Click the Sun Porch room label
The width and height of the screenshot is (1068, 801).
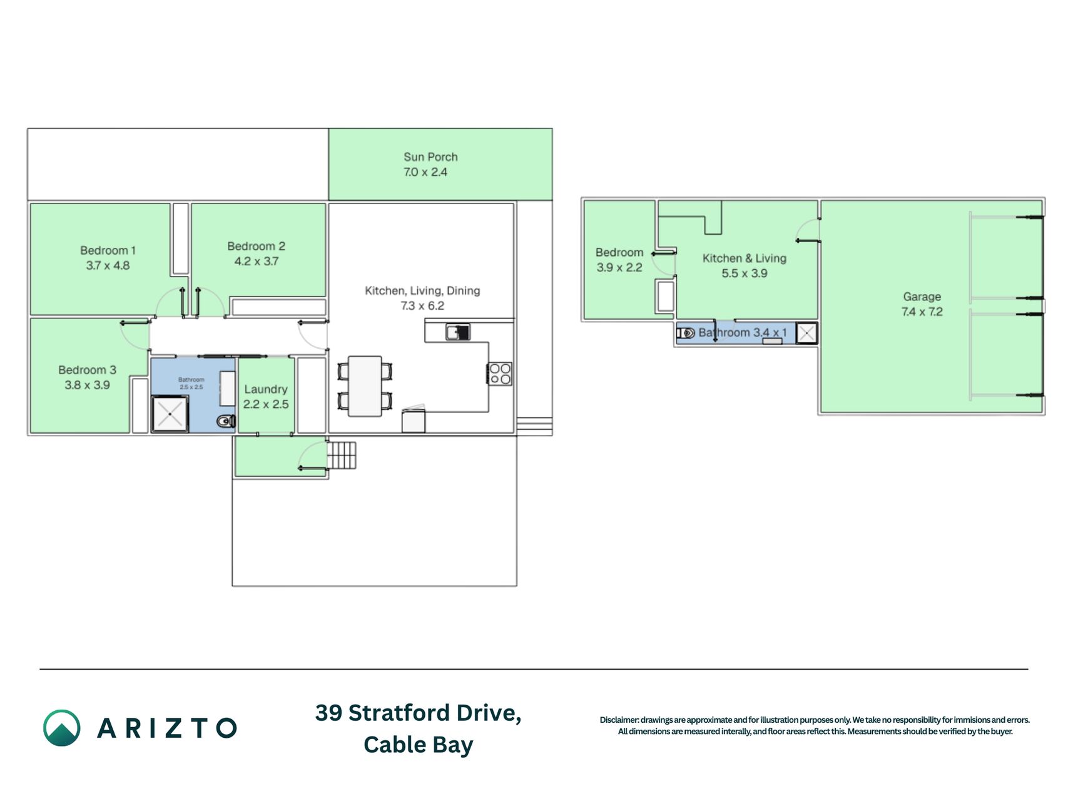[430, 157]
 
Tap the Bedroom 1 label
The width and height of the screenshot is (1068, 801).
[108, 250]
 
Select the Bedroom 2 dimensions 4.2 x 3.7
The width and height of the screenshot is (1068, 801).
[257, 262]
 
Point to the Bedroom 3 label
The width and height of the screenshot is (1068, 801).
[87, 370]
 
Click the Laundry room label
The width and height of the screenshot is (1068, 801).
[266, 389]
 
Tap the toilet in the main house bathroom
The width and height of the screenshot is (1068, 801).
[226, 421]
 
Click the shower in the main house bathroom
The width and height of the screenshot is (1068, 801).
[170, 414]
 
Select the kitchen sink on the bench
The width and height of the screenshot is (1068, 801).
[458, 332]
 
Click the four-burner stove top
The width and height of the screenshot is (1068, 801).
[501, 374]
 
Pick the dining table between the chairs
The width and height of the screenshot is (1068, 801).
[365, 386]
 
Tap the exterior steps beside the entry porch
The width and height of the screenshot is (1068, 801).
[342, 456]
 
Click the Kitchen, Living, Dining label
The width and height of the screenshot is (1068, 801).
[422, 290]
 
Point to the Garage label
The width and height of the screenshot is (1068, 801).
[922, 297]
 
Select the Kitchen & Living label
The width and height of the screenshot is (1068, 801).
[744, 258]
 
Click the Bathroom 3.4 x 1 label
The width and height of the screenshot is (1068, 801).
[743, 332]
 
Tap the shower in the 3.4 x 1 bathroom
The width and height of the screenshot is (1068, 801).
[807, 334]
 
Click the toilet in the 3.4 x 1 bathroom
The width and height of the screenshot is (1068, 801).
[686, 333]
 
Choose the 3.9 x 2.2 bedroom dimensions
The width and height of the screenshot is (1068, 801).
[619, 268]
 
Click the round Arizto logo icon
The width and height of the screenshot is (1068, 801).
[61, 728]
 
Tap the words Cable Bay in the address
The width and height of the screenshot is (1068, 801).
[418, 745]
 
